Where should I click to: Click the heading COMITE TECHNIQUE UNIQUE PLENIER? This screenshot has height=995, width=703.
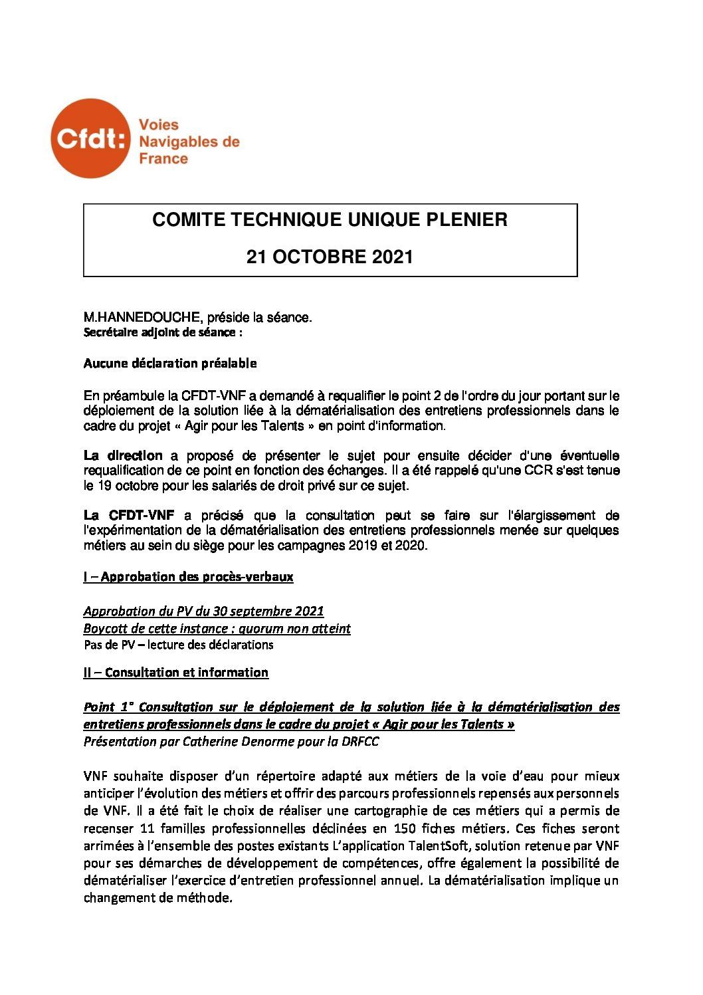pos(330,220)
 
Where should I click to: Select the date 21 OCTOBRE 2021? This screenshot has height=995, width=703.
pos(330,257)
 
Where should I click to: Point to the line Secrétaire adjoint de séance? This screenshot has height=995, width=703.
pos(163,332)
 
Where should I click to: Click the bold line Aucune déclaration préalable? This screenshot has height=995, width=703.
pos(170,363)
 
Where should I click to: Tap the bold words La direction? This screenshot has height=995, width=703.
pos(123,455)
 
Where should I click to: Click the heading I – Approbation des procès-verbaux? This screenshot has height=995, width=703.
pos(188,576)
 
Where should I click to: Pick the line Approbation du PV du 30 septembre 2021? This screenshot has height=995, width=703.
pos(203,611)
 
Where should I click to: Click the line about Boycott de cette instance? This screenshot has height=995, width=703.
pos(217,628)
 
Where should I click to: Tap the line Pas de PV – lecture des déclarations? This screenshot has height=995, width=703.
pos(179,645)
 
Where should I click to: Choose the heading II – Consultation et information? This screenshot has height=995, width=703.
pos(176,672)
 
